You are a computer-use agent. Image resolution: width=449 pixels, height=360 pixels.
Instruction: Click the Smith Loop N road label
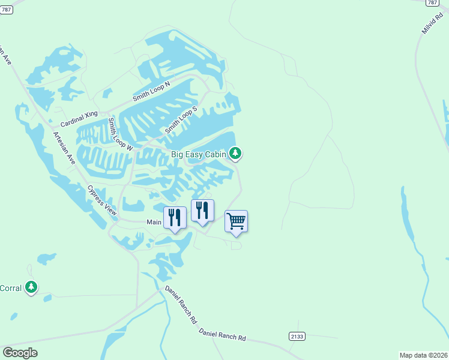coord(151,93)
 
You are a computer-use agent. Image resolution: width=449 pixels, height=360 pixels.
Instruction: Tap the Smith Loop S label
coord(181,121)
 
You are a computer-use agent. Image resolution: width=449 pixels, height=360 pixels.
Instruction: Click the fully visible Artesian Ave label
coord(63,149)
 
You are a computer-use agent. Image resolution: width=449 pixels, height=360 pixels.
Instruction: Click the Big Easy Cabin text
coord(198,154)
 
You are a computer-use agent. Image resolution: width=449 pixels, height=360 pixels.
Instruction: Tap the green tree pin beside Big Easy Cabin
coord(236,154)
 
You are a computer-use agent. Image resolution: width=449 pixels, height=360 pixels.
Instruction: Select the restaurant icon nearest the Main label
coord(175,217)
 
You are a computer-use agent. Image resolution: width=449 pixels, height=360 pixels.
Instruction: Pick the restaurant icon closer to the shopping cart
coord(202,210)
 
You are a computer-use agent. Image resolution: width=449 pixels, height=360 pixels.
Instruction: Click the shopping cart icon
coord(236,221)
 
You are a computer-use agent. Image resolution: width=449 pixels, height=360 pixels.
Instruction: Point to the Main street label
coord(155,222)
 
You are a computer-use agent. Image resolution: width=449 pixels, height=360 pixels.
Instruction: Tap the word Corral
coord(10,288)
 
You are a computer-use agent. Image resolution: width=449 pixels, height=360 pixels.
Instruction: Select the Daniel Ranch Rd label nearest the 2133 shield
coord(222,335)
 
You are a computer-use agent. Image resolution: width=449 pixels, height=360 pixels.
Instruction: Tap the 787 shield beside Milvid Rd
coord(432,3)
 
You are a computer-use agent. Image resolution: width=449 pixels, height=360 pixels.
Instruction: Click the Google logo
coord(20,352)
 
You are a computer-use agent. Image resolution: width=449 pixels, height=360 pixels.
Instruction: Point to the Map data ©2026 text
coord(423,355)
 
